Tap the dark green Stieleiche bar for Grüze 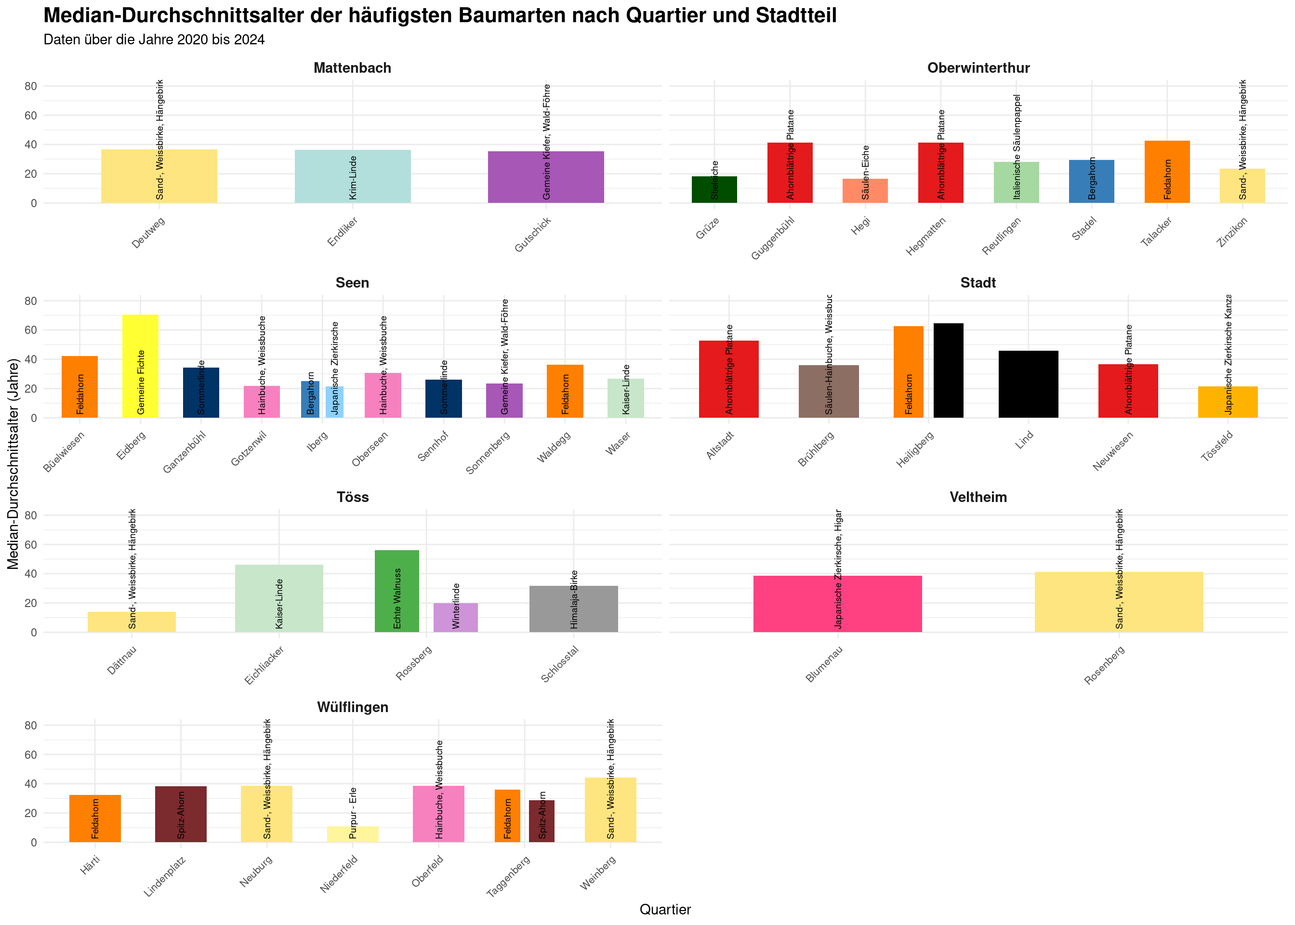point(714,190)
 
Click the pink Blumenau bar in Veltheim point(837,604)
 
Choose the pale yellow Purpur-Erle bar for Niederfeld point(353,834)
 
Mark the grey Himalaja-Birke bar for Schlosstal point(573,609)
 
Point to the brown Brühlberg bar point(829,391)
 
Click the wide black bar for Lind point(1029,384)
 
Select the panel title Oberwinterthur point(978,68)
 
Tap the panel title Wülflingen point(353,707)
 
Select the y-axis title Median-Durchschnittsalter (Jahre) point(13,463)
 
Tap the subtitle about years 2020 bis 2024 point(154,40)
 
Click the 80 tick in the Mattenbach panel point(30,87)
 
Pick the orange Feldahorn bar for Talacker point(1167,172)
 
